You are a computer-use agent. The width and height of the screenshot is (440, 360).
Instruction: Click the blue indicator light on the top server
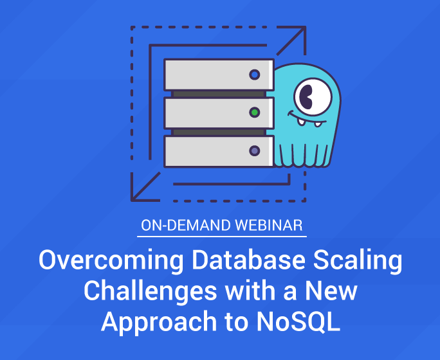(x=255, y=75)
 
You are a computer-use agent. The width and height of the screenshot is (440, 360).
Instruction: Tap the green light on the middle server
(x=255, y=113)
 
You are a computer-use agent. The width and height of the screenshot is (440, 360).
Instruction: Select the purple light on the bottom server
(x=255, y=151)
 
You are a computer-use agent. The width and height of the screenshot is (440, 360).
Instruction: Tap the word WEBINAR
(x=269, y=226)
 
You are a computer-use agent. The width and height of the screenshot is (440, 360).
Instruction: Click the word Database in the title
(x=248, y=259)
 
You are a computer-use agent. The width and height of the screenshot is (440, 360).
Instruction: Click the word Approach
(x=159, y=323)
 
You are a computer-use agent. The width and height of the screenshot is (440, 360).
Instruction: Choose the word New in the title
(x=331, y=290)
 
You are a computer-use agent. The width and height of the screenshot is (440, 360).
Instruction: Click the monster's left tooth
(x=301, y=122)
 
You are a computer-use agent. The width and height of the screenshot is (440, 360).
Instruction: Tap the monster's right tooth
(x=318, y=123)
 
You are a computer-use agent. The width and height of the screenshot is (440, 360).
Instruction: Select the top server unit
(x=219, y=75)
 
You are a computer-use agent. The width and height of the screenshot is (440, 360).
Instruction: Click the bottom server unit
(x=219, y=151)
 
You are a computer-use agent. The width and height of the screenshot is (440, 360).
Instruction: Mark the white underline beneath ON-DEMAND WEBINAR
(x=222, y=237)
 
